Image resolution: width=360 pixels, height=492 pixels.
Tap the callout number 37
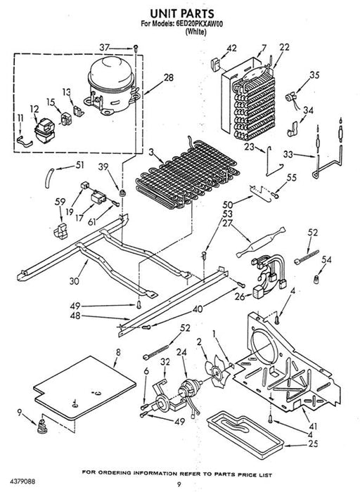pyautogui.click(x=105, y=48)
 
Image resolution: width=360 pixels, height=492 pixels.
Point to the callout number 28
pyautogui.click(x=169, y=77)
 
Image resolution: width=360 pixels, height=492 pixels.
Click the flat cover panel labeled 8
pyautogui.click(x=85, y=388)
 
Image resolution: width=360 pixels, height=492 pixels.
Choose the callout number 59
pyautogui.click(x=60, y=202)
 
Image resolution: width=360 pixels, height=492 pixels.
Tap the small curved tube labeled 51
pyautogui.click(x=50, y=178)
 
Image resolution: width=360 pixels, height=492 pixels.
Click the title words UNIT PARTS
pyautogui.click(x=182, y=14)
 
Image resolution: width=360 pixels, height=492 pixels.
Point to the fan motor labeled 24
pyautogui.click(x=190, y=391)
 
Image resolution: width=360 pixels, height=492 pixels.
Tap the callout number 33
pyautogui.click(x=288, y=155)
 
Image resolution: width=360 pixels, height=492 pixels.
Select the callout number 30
pyautogui.click(x=75, y=281)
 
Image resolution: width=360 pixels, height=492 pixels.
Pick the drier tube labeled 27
pyautogui.click(x=261, y=241)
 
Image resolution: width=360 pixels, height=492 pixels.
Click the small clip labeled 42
pyautogui.click(x=216, y=65)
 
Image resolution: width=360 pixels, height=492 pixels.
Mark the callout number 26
pyautogui.click(x=240, y=297)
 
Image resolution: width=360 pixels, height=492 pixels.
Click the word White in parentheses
pyautogui.click(x=196, y=32)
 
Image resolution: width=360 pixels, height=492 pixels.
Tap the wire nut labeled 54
pyautogui.click(x=316, y=278)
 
